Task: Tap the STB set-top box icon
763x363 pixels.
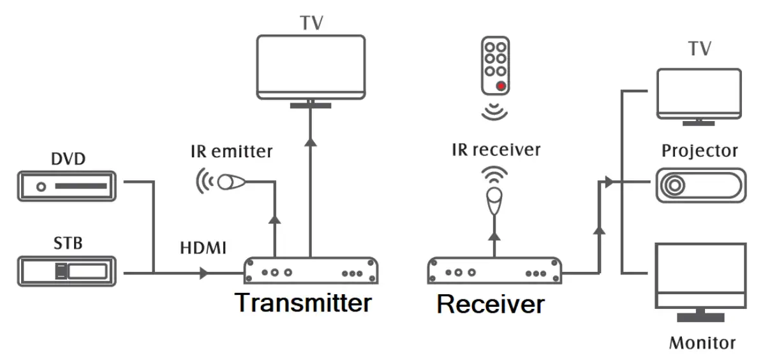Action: pos(66,272)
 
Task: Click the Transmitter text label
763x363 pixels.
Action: pos(302,302)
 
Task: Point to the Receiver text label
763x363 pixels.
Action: pos(491,304)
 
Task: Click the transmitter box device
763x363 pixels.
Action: pos(311,271)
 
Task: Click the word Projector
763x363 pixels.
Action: pos(700,151)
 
